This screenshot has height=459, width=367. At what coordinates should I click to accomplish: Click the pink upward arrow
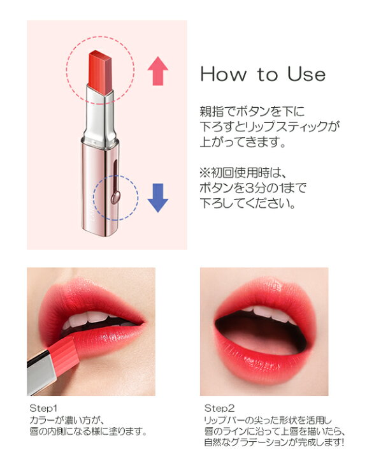(x=157, y=71)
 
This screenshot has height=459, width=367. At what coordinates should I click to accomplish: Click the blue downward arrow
(x=157, y=198)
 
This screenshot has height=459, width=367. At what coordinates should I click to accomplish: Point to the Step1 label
(x=43, y=407)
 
